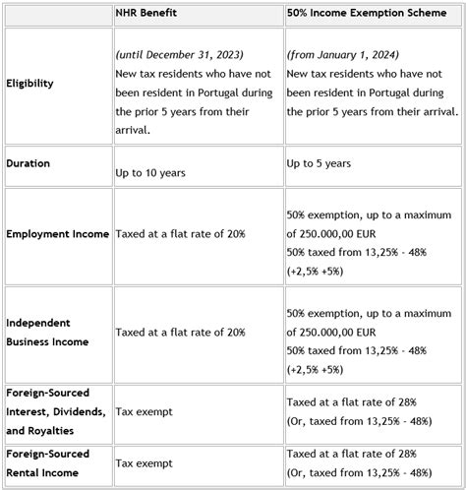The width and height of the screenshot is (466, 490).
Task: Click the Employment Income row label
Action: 57,234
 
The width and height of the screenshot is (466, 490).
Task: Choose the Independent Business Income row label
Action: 48,332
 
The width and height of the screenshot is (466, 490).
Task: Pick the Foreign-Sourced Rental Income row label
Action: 48,462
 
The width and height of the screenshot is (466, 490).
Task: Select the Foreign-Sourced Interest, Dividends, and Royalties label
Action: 54,411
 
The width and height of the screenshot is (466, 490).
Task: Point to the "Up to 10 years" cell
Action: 152,172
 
